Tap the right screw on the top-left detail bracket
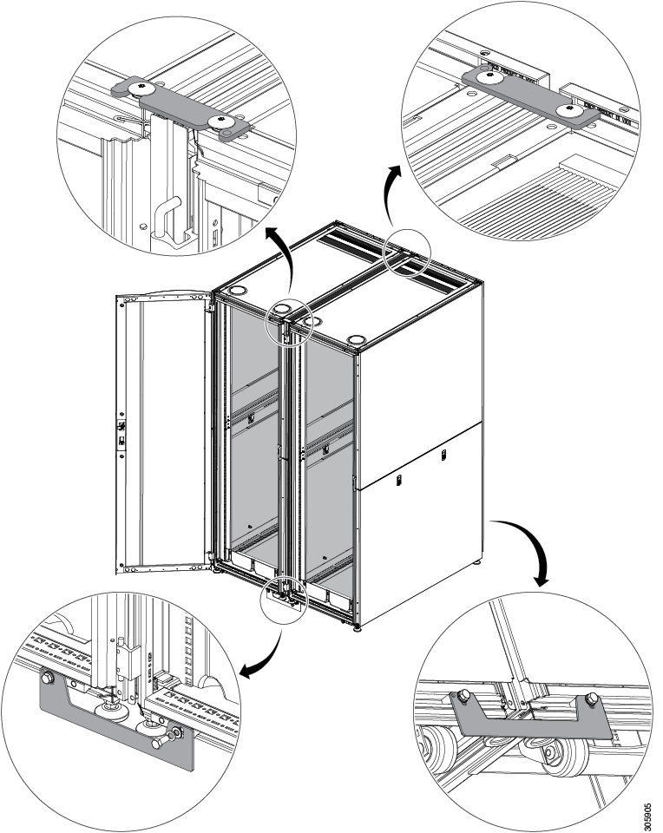coord(222,119)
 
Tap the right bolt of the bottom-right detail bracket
coord(592,699)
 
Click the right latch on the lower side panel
coord(443,454)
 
